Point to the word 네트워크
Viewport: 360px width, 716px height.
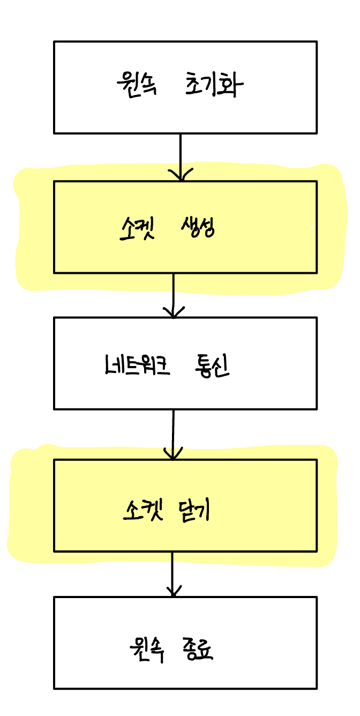coord(138,367)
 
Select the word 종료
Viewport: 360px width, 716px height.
coord(198,651)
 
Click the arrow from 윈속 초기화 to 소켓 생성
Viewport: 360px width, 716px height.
coord(180,155)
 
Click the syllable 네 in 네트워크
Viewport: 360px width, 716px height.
coord(114,367)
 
